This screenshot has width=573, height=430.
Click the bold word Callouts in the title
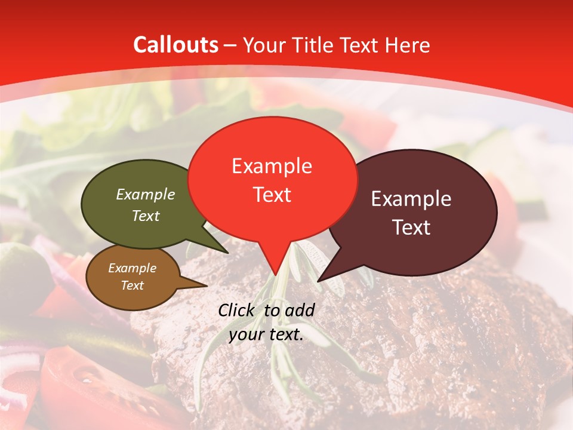tap(175, 45)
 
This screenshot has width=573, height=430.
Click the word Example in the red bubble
tap(272, 166)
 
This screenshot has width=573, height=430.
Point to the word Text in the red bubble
tap(272, 195)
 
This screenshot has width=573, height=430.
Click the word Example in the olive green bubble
tap(146, 194)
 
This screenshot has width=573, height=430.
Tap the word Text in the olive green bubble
tap(146, 216)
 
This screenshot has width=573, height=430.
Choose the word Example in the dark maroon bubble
tap(411, 199)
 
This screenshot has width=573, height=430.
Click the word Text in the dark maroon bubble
tap(411, 228)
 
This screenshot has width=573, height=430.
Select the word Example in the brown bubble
tap(132, 268)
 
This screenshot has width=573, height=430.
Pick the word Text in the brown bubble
tap(132, 285)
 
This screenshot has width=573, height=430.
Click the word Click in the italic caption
tap(238, 310)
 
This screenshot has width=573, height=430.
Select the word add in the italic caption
tap(300, 310)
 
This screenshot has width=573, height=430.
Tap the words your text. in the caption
tap(266, 334)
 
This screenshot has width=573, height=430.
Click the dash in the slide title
tap(231, 45)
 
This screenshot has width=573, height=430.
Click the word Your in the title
tap(262, 45)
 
